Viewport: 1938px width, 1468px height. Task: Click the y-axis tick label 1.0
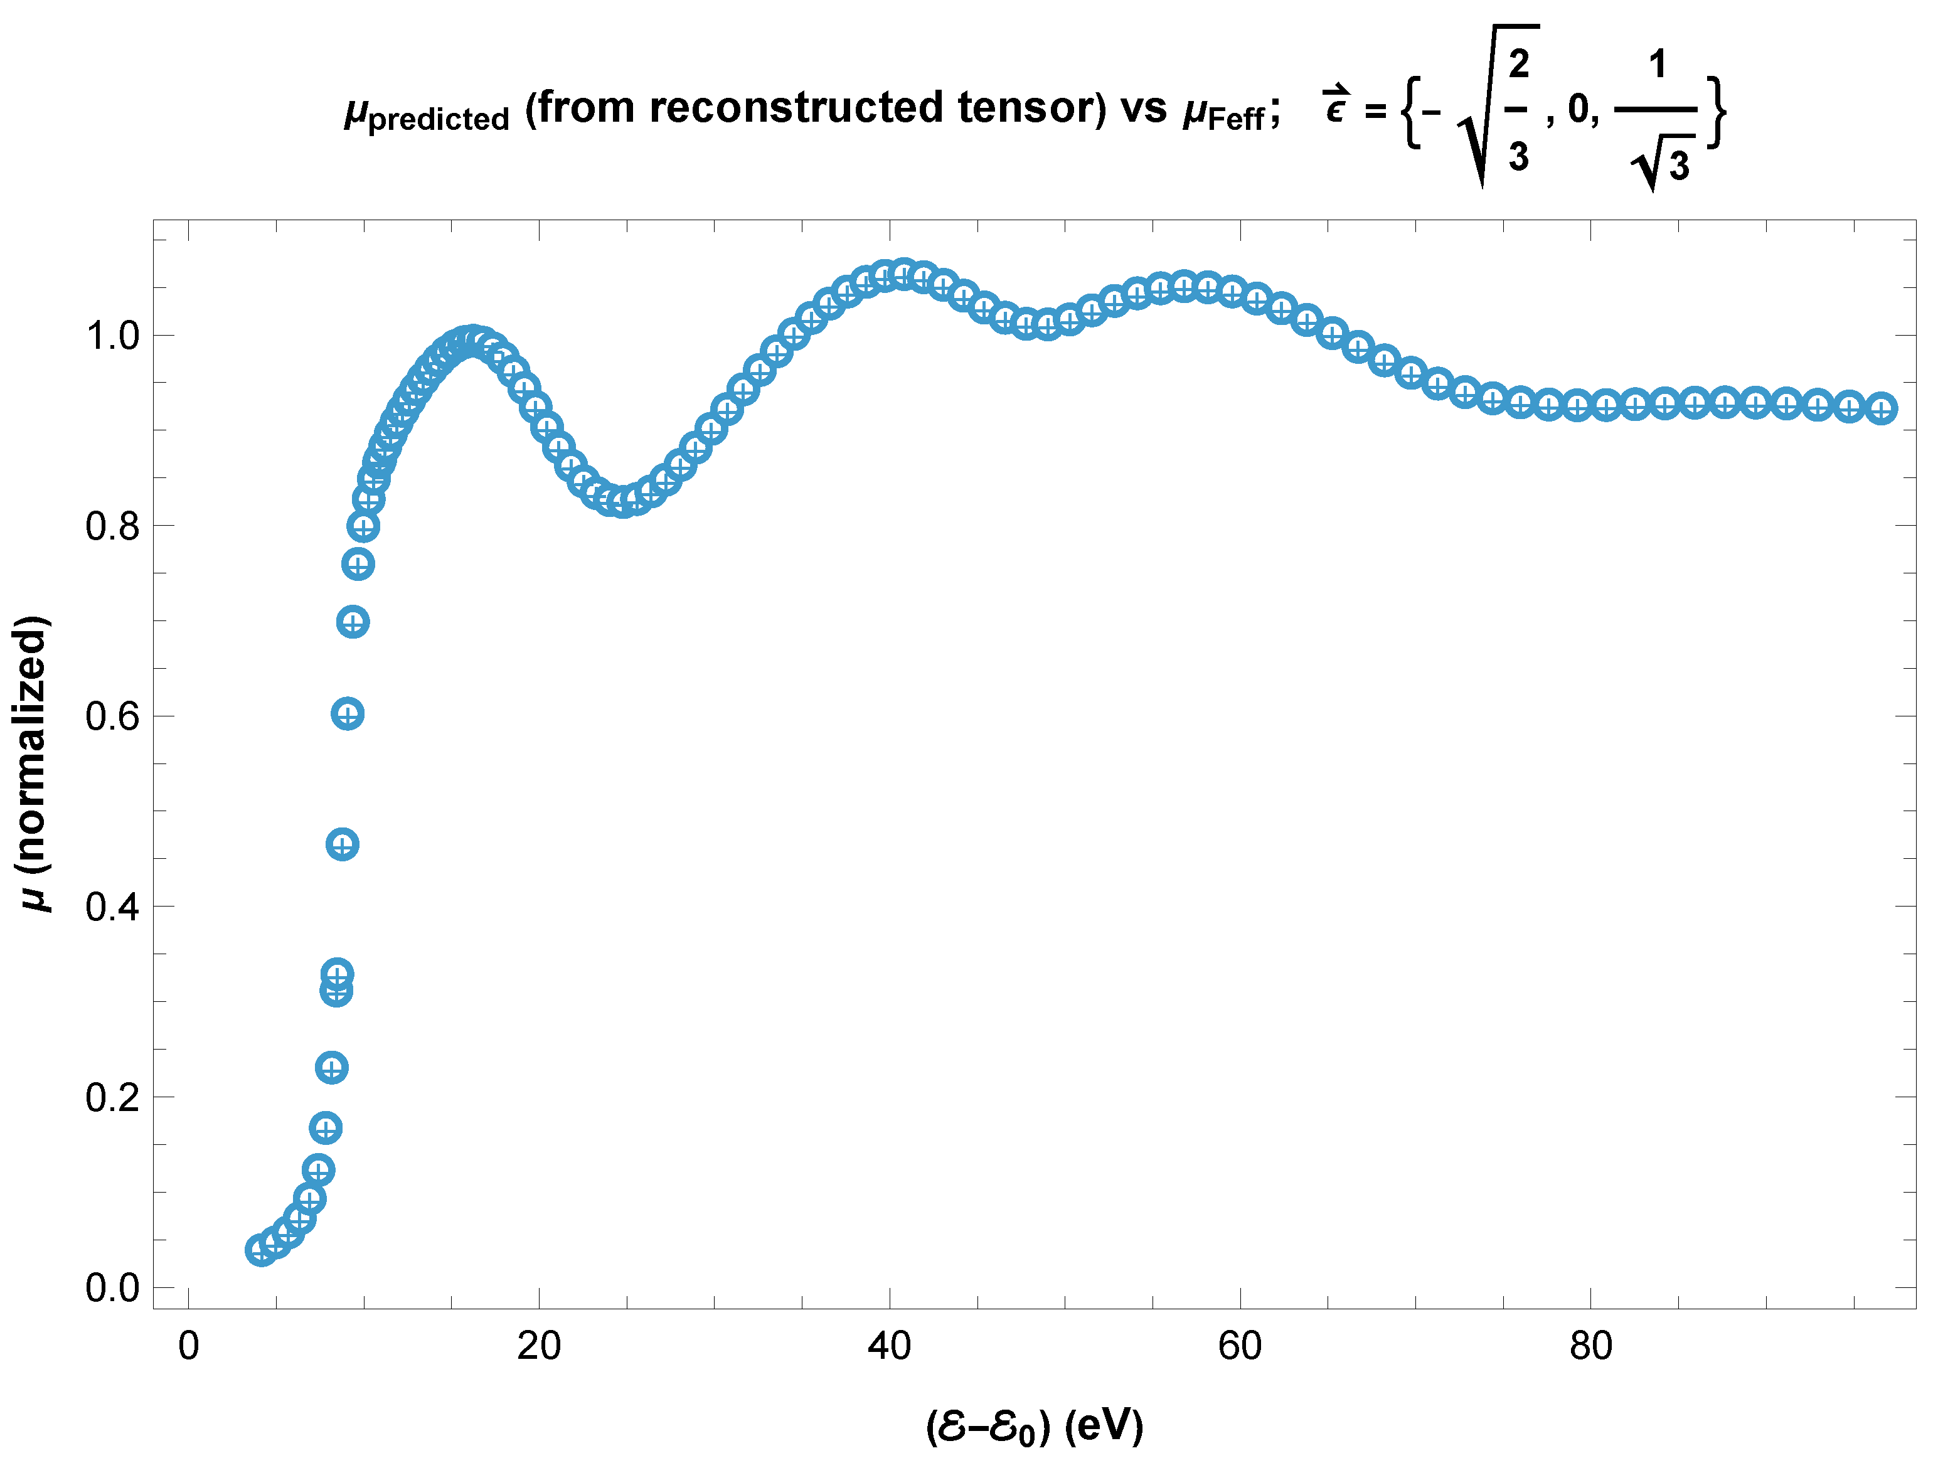(112, 336)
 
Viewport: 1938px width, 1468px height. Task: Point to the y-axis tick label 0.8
(112, 526)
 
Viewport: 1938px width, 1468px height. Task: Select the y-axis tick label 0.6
(112, 716)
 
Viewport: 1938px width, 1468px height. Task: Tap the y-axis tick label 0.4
(112, 907)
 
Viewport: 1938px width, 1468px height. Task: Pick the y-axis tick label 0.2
(112, 1097)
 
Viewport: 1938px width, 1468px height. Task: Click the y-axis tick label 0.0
(112, 1287)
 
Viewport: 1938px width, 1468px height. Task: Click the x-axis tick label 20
(539, 1346)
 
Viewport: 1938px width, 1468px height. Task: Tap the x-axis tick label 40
(889, 1346)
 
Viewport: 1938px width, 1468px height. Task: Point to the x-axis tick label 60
(1240, 1346)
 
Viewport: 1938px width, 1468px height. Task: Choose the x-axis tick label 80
(1591, 1346)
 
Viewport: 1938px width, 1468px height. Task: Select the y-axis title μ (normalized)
(33, 763)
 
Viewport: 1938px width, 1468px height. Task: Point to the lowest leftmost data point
(261, 1250)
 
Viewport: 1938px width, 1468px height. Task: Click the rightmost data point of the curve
(1881, 408)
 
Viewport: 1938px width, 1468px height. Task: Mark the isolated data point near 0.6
(348, 715)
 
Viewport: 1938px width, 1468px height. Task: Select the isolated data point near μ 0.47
(343, 844)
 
